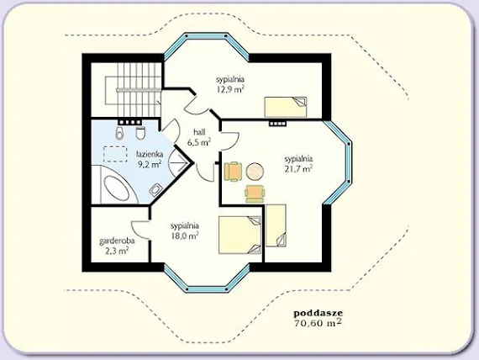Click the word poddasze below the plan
[x=318, y=314]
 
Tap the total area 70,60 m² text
[x=318, y=323]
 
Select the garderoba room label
[x=117, y=241]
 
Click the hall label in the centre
[x=199, y=132]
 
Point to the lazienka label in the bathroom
[x=150, y=155]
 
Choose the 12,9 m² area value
[x=230, y=89]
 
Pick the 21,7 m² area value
[x=298, y=168]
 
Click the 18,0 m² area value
[x=185, y=236]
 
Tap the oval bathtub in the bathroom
[x=117, y=188]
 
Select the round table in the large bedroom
[x=255, y=172]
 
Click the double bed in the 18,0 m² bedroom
[x=239, y=235]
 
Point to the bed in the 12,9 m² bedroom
[x=286, y=107]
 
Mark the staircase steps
[x=139, y=90]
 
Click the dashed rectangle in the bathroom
[x=115, y=154]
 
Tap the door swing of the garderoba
[x=139, y=229]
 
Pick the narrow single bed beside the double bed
[x=276, y=225]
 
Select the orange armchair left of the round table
[x=233, y=172]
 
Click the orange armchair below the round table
[x=255, y=194]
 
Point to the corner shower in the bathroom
[x=180, y=161]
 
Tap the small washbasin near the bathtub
[x=155, y=190]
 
